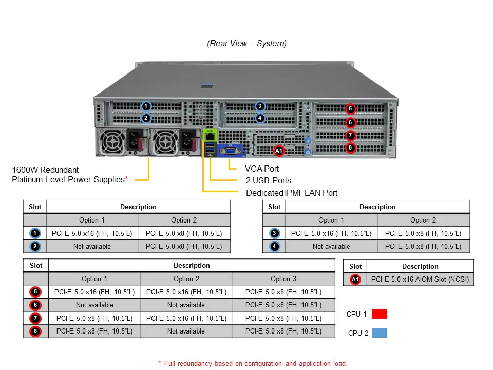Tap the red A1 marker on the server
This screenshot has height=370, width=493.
click(x=279, y=151)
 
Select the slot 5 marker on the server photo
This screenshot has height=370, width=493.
click(x=350, y=108)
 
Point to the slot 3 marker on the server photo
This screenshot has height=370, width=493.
click(x=260, y=106)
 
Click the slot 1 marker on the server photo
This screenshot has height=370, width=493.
click(x=146, y=106)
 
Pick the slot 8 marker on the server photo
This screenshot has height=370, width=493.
click(x=350, y=148)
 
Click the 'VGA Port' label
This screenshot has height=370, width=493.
click(x=262, y=169)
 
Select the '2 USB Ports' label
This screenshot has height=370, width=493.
click(x=268, y=180)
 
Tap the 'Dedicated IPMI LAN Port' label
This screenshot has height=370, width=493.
click(x=292, y=193)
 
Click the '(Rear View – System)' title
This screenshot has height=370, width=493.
click(x=247, y=44)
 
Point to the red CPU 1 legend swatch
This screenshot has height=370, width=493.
click(x=379, y=314)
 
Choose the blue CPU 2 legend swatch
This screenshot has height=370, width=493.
click(x=379, y=332)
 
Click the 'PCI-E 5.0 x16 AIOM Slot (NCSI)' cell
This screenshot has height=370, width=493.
click(x=420, y=280)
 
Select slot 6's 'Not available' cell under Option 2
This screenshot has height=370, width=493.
click(x=186, y=305)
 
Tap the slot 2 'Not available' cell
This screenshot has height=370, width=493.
click(x=92, y=247)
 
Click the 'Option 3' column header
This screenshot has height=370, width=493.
click(x=283, y=279)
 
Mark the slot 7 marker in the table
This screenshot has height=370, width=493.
click(x=35, y=318)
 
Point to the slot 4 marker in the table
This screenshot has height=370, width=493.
click(x=275, y=247)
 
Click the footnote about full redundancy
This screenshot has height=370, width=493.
click(x=252, y=363)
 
